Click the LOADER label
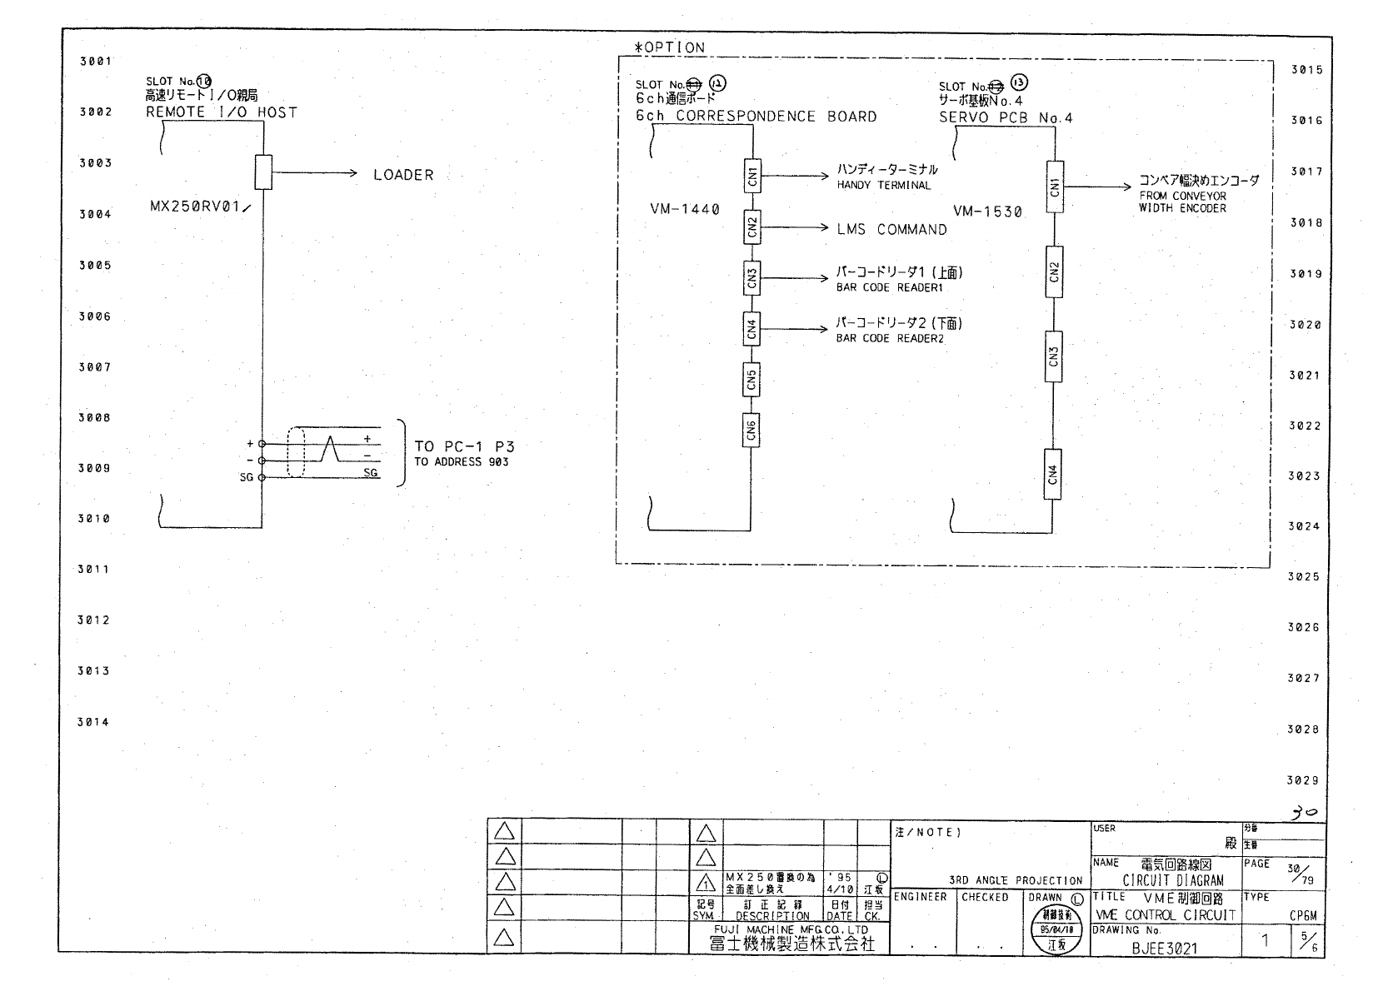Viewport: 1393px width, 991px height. point(403,175)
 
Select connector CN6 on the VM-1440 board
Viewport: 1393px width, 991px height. point(751,430)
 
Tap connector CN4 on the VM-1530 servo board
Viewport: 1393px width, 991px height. point(1054,474)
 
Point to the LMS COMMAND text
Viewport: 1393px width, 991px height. point(891,229)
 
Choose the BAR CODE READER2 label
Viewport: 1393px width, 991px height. point(890,338)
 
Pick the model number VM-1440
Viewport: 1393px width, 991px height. point(685,209)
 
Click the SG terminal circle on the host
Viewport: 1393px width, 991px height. point(262,477)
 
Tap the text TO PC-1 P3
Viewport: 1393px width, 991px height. point(465,446)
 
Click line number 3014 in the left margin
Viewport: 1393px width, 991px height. point(94,722)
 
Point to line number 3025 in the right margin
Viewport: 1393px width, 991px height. point(1304,576)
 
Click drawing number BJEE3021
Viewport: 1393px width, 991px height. point(1164,947)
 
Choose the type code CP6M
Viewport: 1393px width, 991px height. point(1303,915)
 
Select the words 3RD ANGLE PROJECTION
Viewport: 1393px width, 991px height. point(1016,880)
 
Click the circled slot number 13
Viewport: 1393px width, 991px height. point(1020,82)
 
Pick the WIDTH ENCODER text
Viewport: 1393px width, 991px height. point(1182,208)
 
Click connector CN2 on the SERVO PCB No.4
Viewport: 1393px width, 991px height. point(1054,271)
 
